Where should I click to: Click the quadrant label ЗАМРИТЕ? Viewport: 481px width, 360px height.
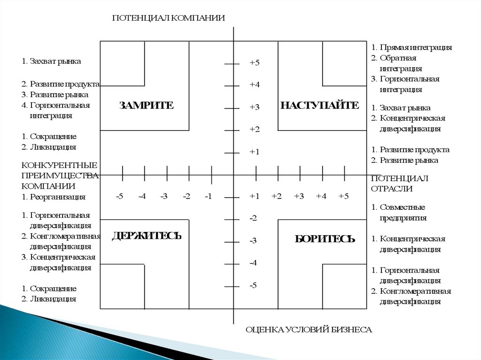click(x=146, y=106)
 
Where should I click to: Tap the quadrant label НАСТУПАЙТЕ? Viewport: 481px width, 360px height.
click(x=319, y=106)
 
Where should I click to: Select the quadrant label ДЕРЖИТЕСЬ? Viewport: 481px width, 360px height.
click(x=147, y=236)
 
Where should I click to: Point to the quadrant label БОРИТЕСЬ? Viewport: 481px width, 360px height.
click(x=325, y=239)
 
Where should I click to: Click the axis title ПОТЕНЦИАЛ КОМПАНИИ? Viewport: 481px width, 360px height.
click(x=169, y=18)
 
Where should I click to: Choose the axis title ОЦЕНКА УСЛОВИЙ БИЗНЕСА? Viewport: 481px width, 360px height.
click(x=309, y=330)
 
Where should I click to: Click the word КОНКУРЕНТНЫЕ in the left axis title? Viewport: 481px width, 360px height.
click(x=59, y=165)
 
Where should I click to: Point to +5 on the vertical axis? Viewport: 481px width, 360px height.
click(x=255, y=63)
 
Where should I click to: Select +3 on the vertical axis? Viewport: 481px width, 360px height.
click(x=255, y=107)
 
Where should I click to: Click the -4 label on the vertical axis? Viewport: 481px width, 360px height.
click(x=253, y=263)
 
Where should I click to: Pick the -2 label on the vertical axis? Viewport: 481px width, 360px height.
click(x=253, y=218)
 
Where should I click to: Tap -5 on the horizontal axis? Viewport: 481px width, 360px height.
click(x=120, y=196)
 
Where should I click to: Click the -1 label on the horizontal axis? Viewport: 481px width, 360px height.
click(x=209, y=196)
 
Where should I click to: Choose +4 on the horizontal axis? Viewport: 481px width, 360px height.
click(x=321, y=196)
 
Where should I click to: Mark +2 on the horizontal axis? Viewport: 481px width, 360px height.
click(x=276, y=196)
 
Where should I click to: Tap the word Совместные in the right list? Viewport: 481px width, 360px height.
click(x=402, y=207)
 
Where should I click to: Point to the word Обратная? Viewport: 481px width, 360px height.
click(x=398, y=58)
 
